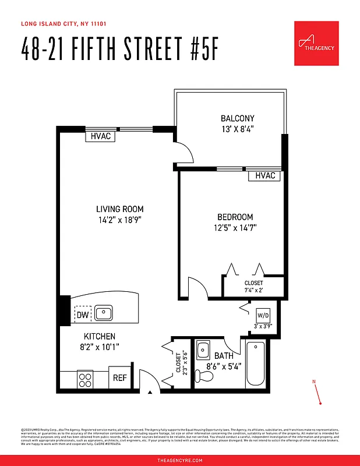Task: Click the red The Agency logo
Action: point(316,43)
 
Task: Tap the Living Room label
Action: point(119,209)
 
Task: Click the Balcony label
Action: point(237,118)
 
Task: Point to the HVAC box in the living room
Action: point(100,136)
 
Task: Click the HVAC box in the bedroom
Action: point(265,175)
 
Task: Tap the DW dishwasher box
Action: point(82,315)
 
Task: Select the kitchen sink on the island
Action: point(104,314)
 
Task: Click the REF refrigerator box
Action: point(119,377)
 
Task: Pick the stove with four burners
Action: point(86,379)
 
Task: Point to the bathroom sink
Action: point(203,351)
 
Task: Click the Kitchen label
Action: point(100,336)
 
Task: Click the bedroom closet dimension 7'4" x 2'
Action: point(253,290)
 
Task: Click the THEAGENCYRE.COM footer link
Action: point(180,460)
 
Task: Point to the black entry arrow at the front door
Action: point(150,393)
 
